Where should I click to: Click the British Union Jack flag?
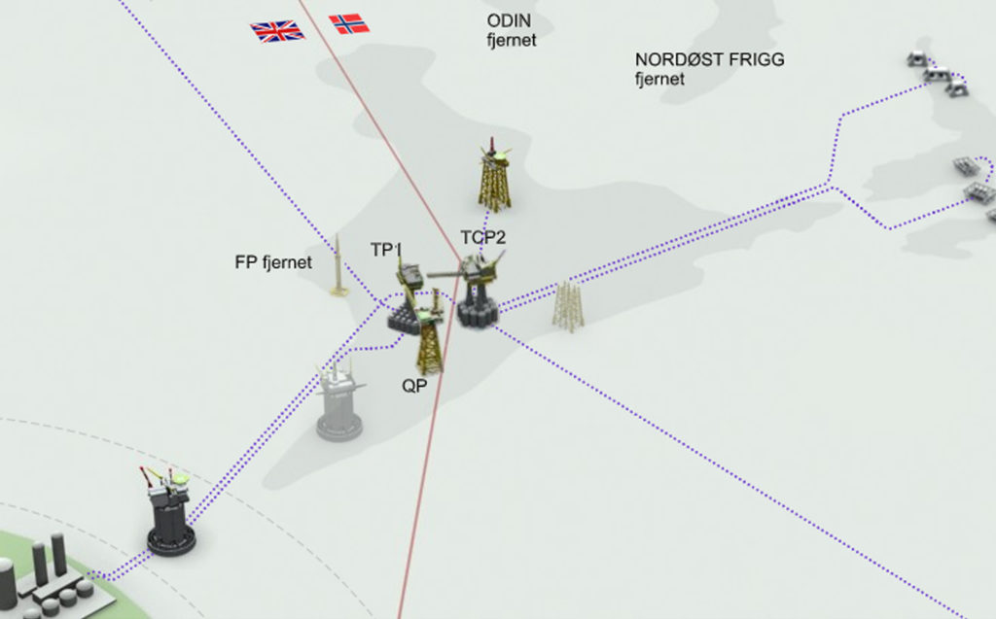click(x=277, y=30)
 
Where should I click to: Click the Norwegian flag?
click(x=349, y=24)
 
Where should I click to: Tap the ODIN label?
click(x=509, y=20)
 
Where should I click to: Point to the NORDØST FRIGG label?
click(x=709, y=59)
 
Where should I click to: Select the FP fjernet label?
click(x=273, y=262)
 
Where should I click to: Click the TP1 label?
click(x=386, y=250)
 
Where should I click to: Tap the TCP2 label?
click(x=482, y=237)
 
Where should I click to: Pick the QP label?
click(x=414, y=386)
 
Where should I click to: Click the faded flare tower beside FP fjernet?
click(x=338, y=266)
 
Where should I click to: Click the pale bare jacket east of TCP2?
click(x=567, y=307)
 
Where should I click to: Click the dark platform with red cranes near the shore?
click(x=169, y=511)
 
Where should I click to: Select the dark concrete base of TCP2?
click(x=477, y=312)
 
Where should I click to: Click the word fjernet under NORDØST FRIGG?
click(x=660, y=80)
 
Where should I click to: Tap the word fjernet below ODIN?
click(x=512, y=40)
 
